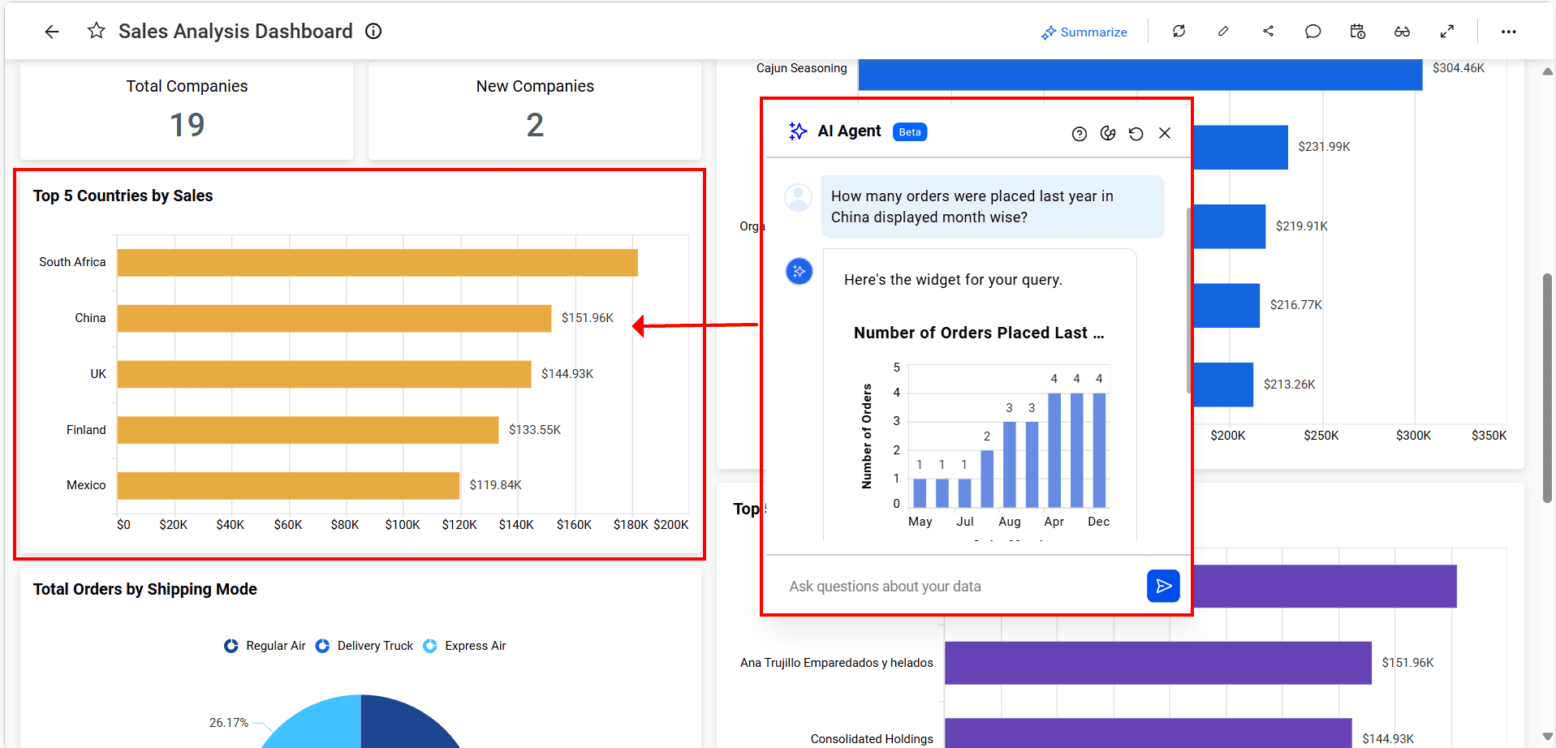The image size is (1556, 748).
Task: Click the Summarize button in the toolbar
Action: click(x=1084, y=32)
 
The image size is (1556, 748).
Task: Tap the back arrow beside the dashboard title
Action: click(x=52, y=32)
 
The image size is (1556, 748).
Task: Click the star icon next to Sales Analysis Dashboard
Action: click(x=97, y=32)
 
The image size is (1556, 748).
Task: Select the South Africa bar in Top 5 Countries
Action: click(x=377, y=263)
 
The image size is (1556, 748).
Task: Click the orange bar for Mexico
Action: click(x=288, y=486)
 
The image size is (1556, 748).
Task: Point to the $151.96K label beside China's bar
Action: click(x=587, y=318)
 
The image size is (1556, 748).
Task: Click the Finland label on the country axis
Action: click(x=86, y=430)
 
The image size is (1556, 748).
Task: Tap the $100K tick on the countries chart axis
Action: click(x=403, y=525)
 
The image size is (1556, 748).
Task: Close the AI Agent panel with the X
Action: click(x=1165, y=133)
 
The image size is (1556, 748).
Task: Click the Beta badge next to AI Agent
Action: click(x=910, y=132)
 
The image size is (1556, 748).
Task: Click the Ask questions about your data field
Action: click(x=958, y=587)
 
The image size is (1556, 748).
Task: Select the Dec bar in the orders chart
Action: click(x=1099, y=450)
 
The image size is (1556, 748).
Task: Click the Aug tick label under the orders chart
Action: click(x=1010, y=522)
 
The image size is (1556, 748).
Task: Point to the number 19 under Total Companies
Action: click(x=187, y=125)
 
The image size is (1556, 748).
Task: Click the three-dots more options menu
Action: click(x=1508, y=32)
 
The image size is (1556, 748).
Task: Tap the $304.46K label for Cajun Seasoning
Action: click(x=1458, y=68)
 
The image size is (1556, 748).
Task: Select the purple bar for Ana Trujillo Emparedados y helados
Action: click(x=1157, y=663)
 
